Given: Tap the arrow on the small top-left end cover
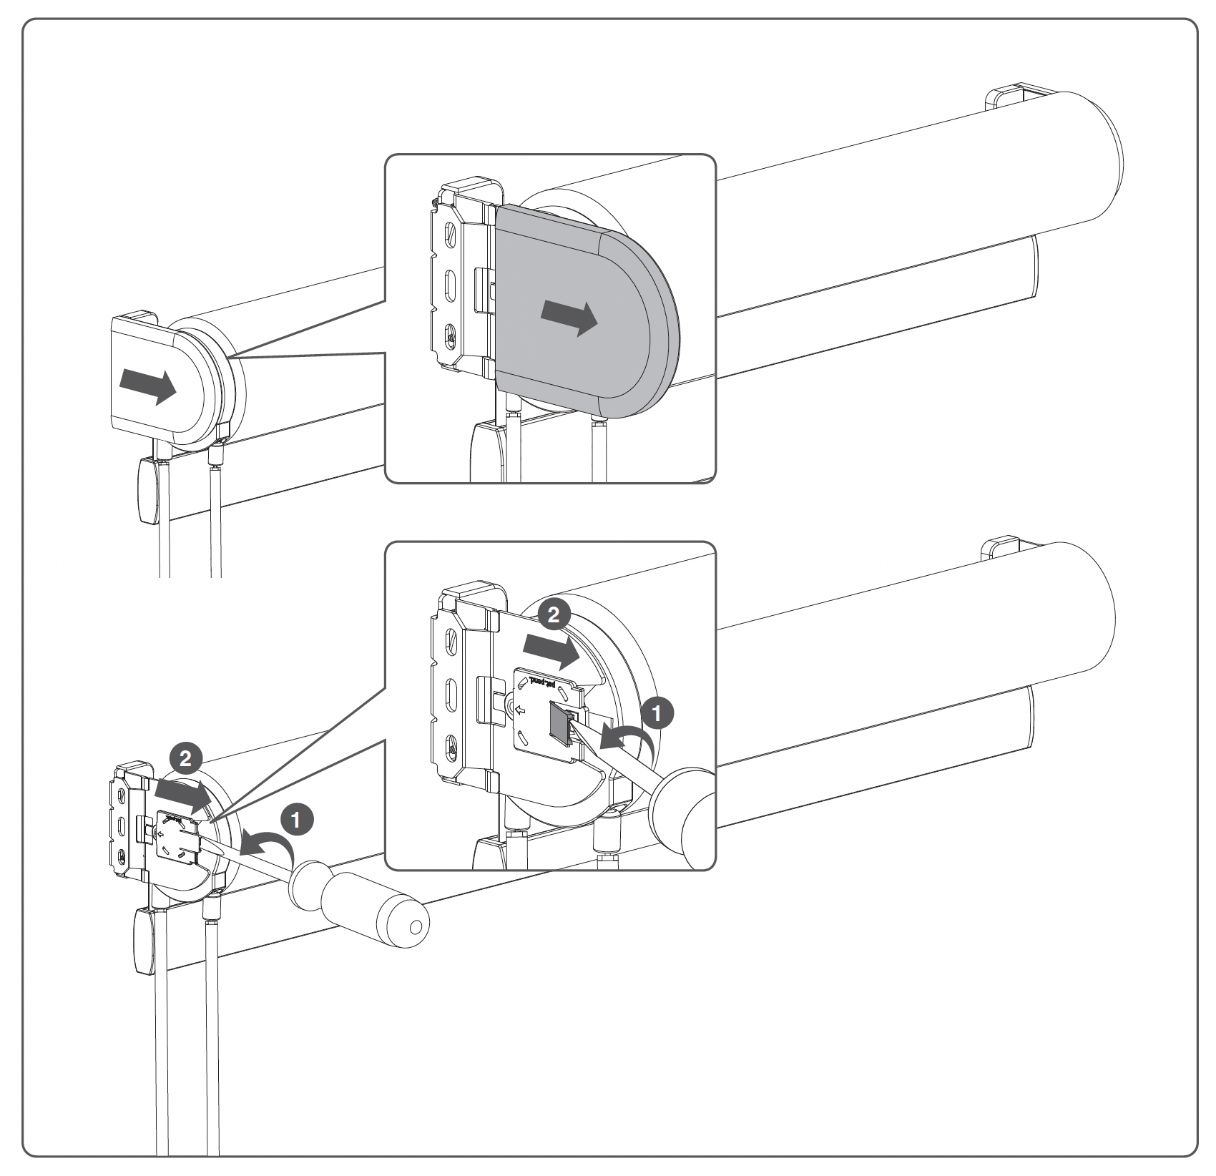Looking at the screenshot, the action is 147,386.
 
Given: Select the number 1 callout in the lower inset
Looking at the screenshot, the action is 657,712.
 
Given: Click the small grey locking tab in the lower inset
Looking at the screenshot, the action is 558,721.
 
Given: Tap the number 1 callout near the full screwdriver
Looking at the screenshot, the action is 297,820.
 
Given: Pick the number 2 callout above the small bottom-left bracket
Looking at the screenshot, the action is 185,759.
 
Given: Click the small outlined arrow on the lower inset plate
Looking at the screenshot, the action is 521,710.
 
